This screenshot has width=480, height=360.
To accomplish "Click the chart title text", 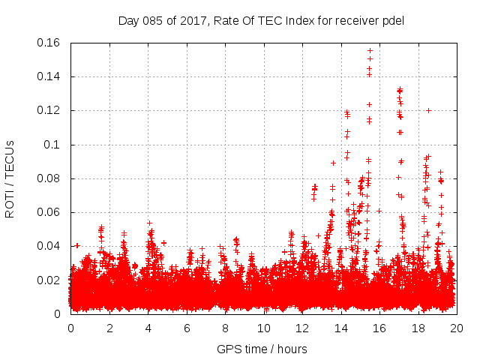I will tap(261, 20).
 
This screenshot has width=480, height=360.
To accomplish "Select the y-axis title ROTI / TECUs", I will tap(10, 178).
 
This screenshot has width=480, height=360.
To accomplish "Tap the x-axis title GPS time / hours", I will tap(262, 349).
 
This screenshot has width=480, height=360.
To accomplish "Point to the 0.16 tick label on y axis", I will tap(49, 43).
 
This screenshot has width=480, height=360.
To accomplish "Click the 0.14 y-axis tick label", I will tap(49, 76).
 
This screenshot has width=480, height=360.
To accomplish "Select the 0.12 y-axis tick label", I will tap(49, 110).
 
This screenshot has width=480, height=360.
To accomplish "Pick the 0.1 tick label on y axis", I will tap(53, 145).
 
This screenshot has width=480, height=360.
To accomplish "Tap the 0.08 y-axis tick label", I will tap(49, 178).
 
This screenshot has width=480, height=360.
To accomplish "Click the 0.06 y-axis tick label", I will tap(49, 212).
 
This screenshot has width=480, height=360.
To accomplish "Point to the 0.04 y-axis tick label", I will tap(49, 246).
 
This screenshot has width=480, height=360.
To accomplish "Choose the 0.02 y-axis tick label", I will tap(49, 280).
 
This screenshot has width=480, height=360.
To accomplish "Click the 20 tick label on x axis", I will tap(456, 328).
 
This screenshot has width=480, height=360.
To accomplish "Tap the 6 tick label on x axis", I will tap(186, 328).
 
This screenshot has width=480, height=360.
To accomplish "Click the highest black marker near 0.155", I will tap(370, 50).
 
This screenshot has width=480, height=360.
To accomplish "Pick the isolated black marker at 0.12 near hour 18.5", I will tap(428, 110).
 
